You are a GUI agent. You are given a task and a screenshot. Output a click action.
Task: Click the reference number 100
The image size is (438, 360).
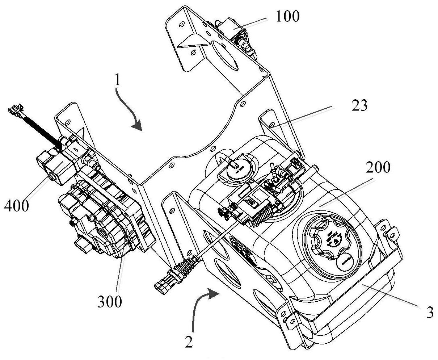click(x=288, y=17)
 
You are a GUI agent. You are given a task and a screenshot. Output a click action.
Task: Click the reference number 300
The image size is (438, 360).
click(x=110, y=301)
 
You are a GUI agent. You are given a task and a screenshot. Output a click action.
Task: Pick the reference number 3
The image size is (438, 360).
click(x=429, y=313)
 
